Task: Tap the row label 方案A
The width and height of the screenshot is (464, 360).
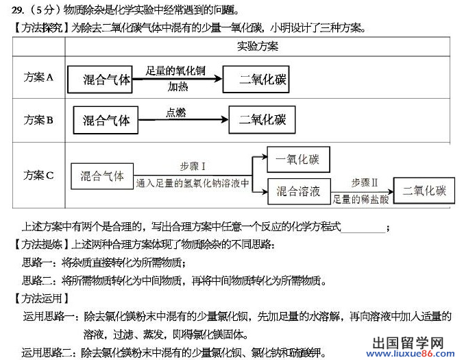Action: tap(38, 77)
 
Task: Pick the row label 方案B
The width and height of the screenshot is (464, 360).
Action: tap(38, 119)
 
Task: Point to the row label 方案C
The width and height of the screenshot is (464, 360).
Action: tap(38, 175)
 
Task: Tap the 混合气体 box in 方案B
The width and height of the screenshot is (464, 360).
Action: tap(106, 119)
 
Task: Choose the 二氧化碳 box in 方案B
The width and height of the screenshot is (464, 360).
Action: tap(262, 119)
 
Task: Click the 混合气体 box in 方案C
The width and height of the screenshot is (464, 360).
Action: tap(102, 176)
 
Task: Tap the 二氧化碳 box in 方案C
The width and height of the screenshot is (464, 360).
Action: tap(424, 191)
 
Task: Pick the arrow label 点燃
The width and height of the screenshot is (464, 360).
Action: tap(175, 112)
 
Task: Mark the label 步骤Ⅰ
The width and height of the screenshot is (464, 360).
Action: tap(193, 167)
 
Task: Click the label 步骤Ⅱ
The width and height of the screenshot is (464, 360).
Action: tap(365, 182)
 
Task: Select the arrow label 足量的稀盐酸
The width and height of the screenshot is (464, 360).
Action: tap(361, 200)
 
